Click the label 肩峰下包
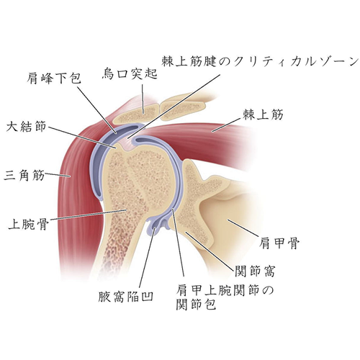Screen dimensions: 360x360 [x=54, y=78]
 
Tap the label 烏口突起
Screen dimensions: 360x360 [x=130, y=73]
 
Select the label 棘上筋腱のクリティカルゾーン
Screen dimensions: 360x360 [x=260, y=62]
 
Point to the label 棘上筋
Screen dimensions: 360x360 [x=264, y=114]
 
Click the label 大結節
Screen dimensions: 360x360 [x=26, y=127]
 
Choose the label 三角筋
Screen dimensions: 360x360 [x=24, y=175]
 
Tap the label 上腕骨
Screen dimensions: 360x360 [x=29, y=223]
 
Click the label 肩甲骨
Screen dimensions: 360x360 [x=279, y=243]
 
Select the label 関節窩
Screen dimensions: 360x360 [x=254, y=271]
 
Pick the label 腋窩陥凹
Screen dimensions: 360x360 [x=126, y=296]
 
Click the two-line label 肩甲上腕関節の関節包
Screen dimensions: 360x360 [x=225, y=297]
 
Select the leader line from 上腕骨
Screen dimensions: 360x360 [x=88, y=215]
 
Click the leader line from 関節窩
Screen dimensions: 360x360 [x=210, y=250]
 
